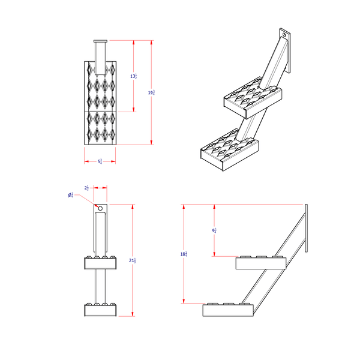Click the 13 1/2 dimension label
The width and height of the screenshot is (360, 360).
[134, 76]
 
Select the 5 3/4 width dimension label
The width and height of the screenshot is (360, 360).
[100, 161]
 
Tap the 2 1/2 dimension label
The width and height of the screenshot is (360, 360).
[87, 188]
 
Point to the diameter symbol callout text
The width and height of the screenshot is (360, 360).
[71, 195]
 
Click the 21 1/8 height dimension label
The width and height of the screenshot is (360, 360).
[132, 260]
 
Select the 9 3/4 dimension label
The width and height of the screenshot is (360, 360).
[214, 230]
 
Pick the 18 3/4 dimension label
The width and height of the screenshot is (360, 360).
[184, 254]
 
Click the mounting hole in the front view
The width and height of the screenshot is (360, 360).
[100, 208]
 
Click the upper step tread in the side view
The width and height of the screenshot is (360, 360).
[262, 263]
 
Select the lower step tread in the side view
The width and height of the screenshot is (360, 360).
[228, 310]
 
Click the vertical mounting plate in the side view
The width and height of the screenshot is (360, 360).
[307, 228]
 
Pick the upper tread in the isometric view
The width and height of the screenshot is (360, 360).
[252, 99]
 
